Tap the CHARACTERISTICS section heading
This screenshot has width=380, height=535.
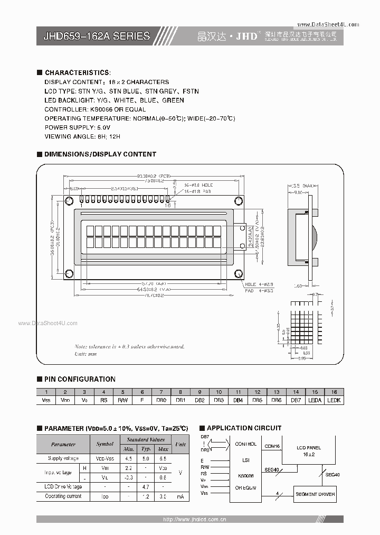(78, 72)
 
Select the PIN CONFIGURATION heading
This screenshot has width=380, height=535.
(80, 379)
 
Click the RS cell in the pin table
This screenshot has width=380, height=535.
(103, 400)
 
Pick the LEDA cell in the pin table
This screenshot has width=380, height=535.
(315, 400)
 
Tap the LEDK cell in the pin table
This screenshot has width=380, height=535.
(334, 400)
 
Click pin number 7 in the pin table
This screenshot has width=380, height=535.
(161, 392)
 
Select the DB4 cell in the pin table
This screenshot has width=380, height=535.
(238, 400)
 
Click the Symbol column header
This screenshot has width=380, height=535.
(105, 444)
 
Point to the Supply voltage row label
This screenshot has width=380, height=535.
(63, 458)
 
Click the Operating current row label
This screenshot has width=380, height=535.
(63, 496)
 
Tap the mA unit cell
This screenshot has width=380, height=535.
(180, 496)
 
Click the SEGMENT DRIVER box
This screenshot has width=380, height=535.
(315, 494)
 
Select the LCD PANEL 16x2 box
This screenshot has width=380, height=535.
(308, 451)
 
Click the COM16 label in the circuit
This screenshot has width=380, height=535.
(272, 446)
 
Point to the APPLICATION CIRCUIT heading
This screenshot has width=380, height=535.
(244, 428)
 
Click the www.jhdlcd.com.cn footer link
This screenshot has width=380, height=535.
(195, 520)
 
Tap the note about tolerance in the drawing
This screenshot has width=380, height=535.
(129, 347)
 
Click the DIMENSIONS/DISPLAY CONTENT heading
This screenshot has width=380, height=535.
(100, 154)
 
